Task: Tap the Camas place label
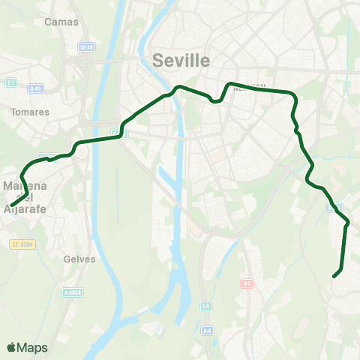coord(61,22)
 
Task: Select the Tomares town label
coord(31,112)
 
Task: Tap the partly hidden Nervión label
coord(250,87)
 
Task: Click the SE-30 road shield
coord(87,47)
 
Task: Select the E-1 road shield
coord(10,82)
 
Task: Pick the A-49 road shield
coord(34,88)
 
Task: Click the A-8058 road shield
coord(73,292)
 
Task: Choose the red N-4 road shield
coord(247,283)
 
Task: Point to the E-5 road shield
coord(206,306)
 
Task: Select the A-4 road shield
coord(207,330)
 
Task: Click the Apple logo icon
coord(11,347)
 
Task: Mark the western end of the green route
coord(11,205)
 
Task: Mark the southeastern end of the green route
coord(334,277)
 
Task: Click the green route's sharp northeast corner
coord(292,93)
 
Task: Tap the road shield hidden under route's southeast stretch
coord(334,206)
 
